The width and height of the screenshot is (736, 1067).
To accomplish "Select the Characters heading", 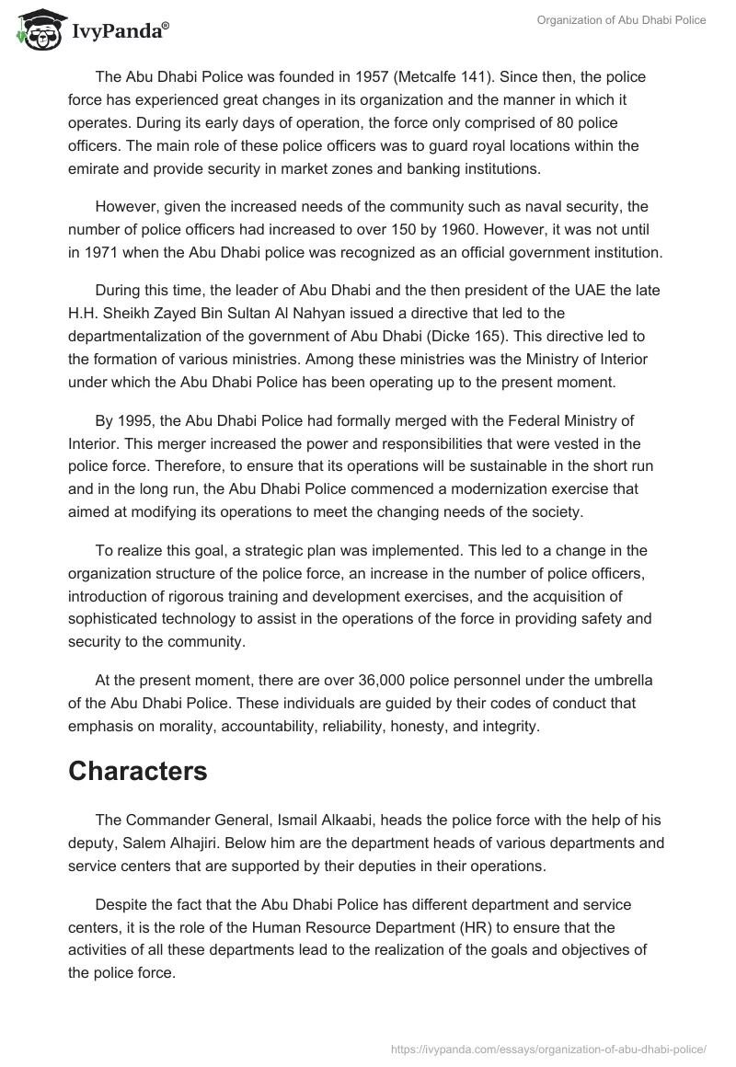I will [x=137, y=772].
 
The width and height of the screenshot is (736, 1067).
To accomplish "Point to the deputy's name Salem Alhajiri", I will [x=178, y=843].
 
